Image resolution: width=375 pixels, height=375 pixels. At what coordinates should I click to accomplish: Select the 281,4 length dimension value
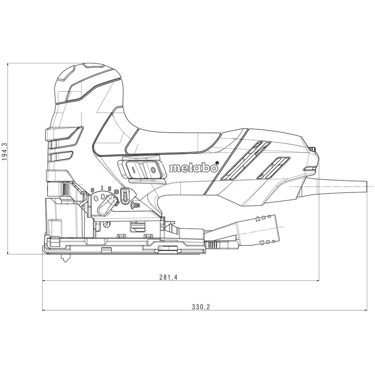[168, 277]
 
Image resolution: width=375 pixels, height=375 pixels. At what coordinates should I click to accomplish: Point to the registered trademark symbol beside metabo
[217, 163]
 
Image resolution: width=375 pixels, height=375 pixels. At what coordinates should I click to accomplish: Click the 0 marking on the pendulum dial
[93, 191]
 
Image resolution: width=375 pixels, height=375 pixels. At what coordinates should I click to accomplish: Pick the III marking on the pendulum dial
[117, 191]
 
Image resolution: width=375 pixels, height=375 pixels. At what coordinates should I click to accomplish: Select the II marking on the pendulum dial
[110, 188]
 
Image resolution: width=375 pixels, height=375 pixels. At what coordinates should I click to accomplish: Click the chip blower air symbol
[135, 205]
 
